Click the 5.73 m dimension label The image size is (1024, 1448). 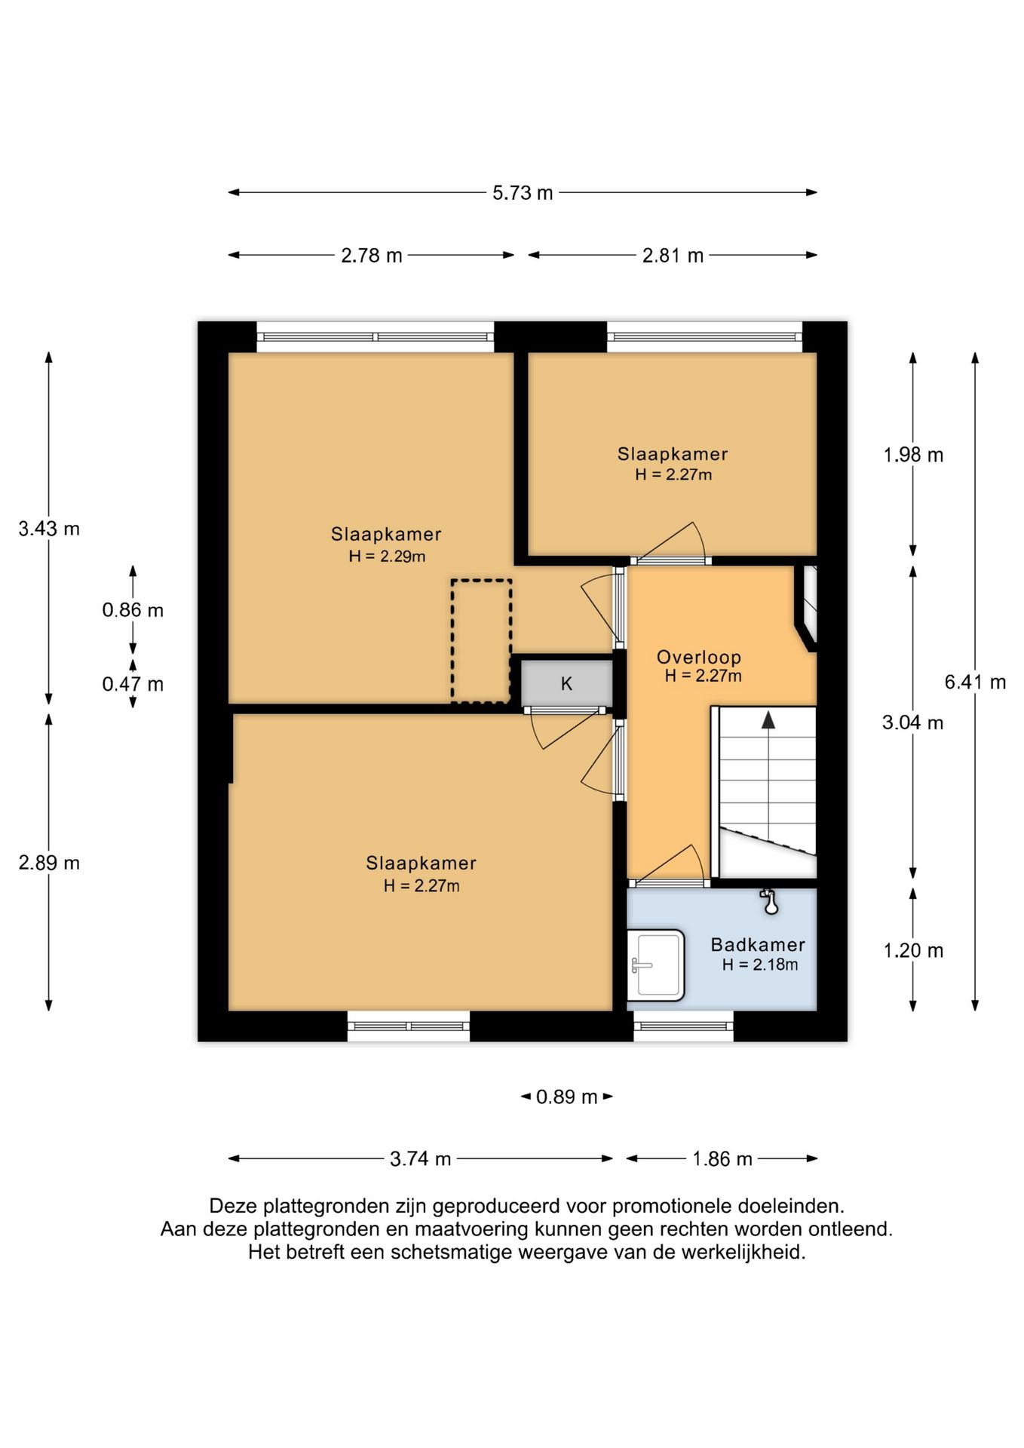coord(523,193)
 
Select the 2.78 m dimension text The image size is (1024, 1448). coord(371,256)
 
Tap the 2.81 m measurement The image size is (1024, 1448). coord(673,256)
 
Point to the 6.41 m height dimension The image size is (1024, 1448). coord(975,683)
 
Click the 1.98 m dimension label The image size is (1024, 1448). coord(913,455)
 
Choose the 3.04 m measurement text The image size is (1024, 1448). coord(912,722)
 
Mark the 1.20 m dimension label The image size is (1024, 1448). coord(913,950)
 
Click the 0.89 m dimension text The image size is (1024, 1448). coord(566,1097)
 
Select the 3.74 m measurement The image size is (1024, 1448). coord(420,1158)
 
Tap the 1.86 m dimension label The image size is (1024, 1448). coord(722,1158)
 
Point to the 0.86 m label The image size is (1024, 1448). coord(133,610)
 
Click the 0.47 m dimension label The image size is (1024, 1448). coord(133,684)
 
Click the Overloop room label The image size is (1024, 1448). coord(699,657)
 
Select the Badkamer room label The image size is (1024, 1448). coord(758,944)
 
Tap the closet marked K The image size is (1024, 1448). coord(566,684)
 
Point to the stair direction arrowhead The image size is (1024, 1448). coord(768,720)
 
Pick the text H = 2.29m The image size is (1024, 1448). coord(387,557)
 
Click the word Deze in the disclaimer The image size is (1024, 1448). coord(234,1206)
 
